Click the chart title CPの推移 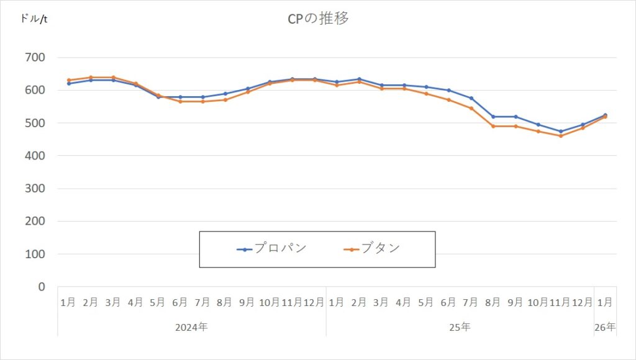coord(317,19)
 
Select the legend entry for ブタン coord(372,249)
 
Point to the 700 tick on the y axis coord(34,58)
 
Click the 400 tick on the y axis coord(34,156)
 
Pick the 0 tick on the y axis coord(42,287)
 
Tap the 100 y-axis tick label coord(34,254)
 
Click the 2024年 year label coord(191,326)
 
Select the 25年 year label coord(460,326)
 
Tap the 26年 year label coord(604,326)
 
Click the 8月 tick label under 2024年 coord(225,302)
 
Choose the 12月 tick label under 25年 coord(582,302)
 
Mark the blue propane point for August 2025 coord(494,117)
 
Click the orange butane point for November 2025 coord(561,136)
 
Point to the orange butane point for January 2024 coord(69,80)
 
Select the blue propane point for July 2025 coord(471,98)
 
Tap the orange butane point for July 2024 coord(203,101)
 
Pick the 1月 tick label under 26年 coord(604,302)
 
